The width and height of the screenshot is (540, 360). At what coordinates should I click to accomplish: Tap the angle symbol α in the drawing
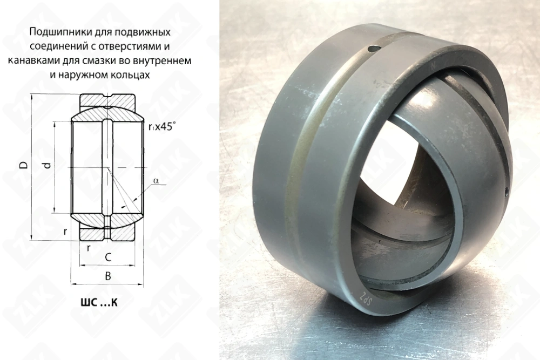click(x=156, y=182)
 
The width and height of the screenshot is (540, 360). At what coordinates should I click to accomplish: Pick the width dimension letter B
click(x=107, y=276)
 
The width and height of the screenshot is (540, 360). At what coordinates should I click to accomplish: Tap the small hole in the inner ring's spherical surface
click(x=506, y=191)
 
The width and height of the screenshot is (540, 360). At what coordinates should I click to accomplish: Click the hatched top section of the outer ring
click(x=107, y=101)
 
